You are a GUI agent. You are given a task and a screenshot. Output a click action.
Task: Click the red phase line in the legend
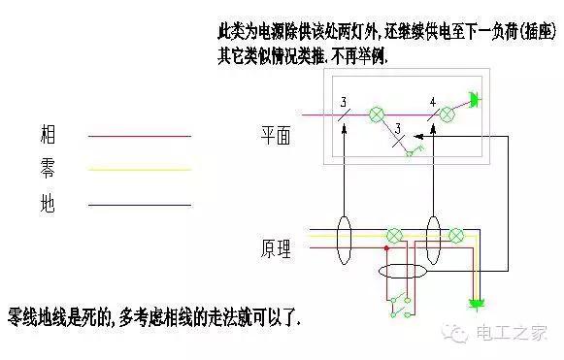tap(140, 137)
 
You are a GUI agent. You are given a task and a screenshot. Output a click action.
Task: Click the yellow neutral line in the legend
tap(140, 171)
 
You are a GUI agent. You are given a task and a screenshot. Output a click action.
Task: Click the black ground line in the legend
tap(140, 205)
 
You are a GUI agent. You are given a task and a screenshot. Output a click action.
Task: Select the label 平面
tap(276, 137)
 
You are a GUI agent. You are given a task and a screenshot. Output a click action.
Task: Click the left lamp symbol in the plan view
tap(380, 115)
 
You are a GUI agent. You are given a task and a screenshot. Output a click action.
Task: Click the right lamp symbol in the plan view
tap(448, 115)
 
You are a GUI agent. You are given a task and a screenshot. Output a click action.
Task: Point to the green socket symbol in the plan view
tap(474, 100)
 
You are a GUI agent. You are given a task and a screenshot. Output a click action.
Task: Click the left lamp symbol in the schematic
tap(394, 235)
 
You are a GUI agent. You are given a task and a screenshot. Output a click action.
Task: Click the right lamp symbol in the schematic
tap(456, 235)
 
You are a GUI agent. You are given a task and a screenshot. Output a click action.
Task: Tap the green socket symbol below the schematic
tap(476, 305)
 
